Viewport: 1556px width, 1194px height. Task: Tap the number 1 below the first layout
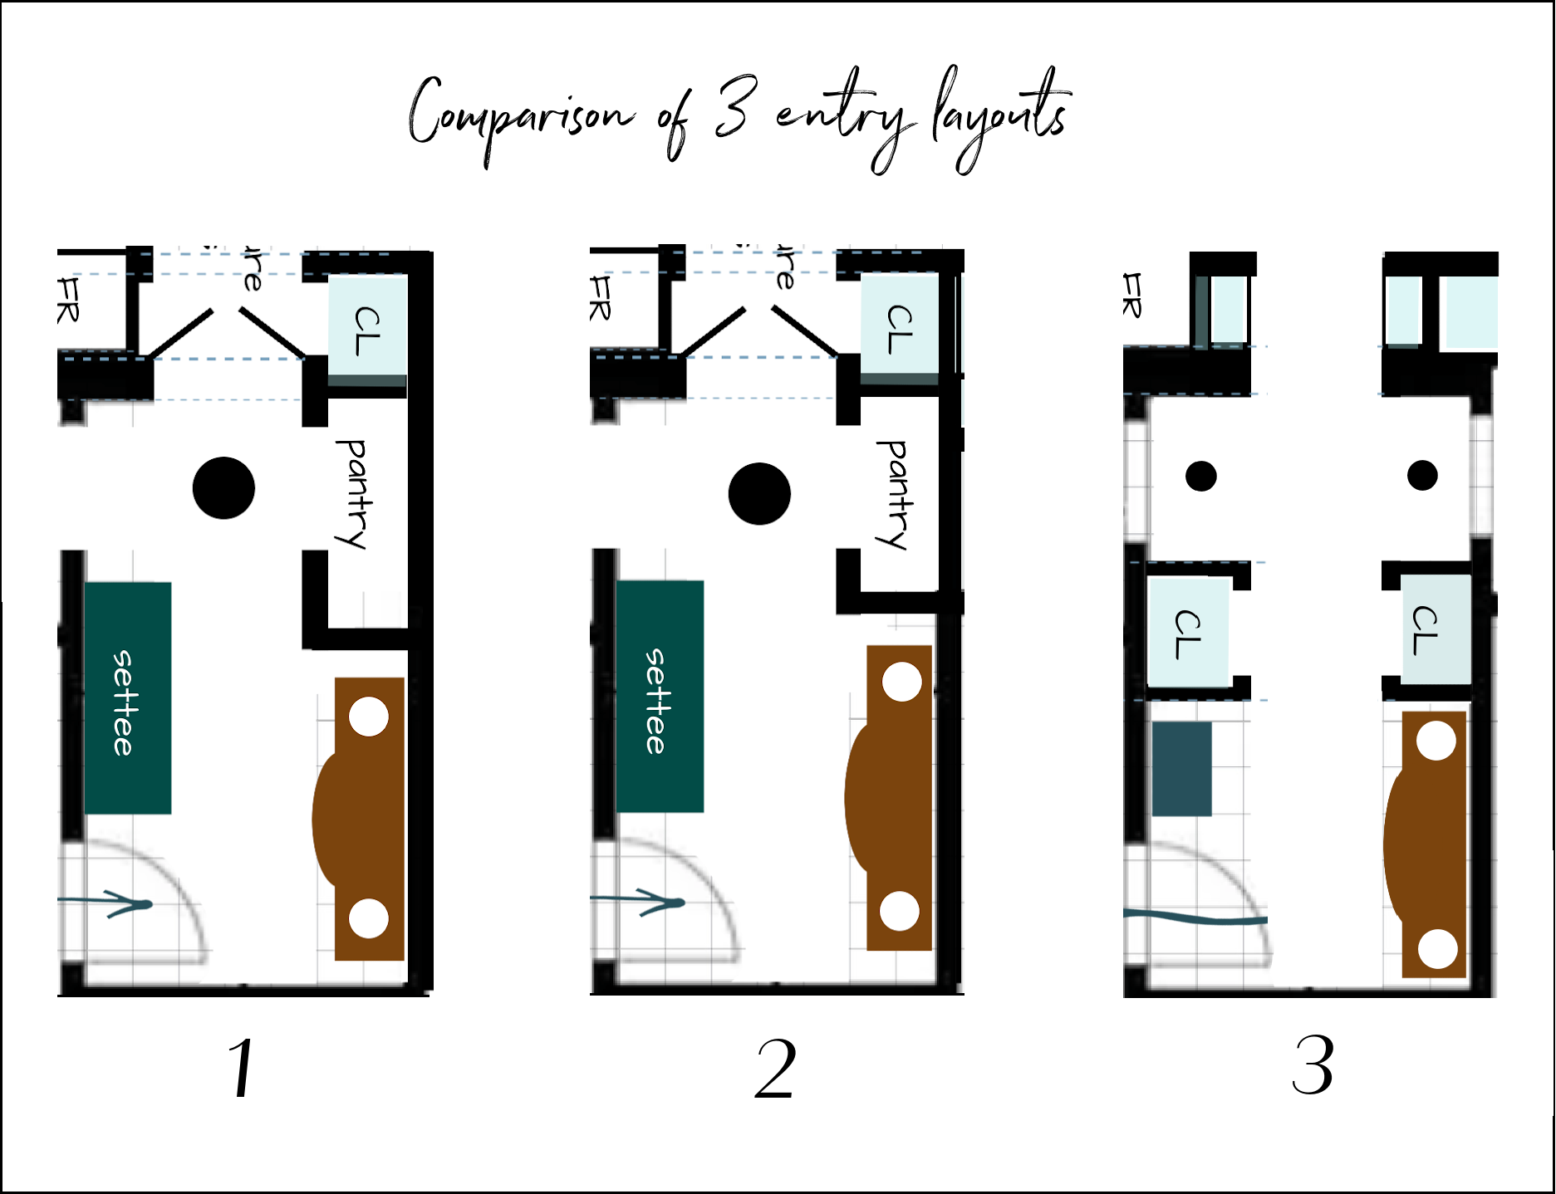click(242, 1068)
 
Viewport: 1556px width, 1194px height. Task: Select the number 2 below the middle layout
click(775, 1069)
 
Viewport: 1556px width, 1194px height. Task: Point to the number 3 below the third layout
click(1313, 1065)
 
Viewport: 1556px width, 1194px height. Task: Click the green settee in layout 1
click(127, 697)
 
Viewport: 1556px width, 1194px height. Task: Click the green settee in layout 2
click(660, 696)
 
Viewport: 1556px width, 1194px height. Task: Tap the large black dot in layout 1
click(223, 488)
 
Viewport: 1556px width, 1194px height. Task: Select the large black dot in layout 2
click(759, 493)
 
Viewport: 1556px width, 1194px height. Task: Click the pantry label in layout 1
click(353, 494)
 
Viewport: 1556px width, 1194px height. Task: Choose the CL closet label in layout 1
click(367, 330)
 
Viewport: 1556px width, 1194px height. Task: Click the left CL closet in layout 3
click(1188, 634)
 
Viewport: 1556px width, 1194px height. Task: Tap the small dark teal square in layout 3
click(1181, 769)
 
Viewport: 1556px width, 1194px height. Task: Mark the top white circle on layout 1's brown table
click(369, 717)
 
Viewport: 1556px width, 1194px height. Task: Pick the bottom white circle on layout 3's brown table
click(1437, 948)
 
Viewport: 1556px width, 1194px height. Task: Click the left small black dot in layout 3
click(1200, 477)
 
